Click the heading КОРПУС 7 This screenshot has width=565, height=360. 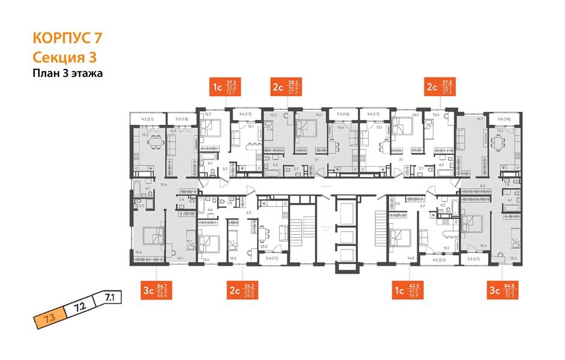(x=67, y=38)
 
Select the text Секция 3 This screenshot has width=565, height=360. (x=64, y=57)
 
